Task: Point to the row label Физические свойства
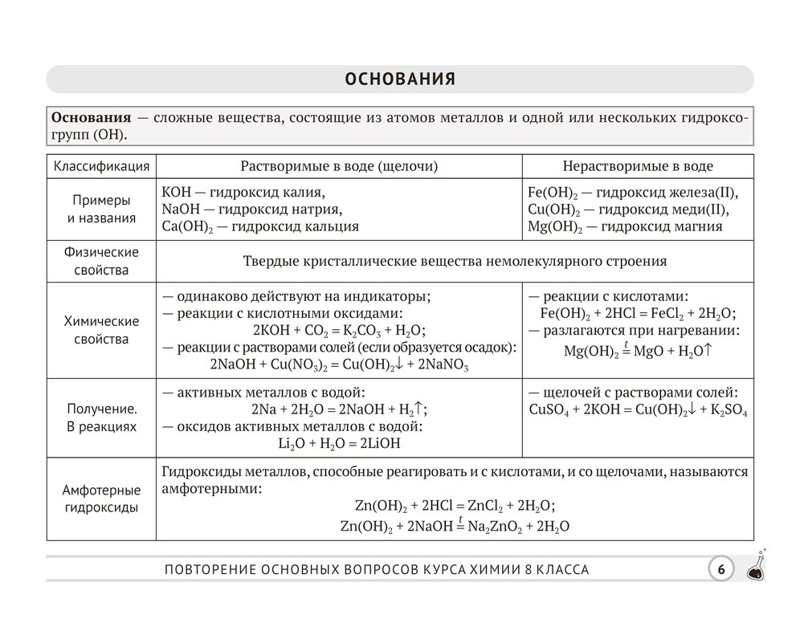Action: (x=101, y=261)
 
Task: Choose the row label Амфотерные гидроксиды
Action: (x=101, y=499)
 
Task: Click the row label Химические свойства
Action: (x=101, y=330)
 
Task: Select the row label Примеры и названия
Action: (x=101, y=208)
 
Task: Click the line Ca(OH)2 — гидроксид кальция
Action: (x=260, y=226)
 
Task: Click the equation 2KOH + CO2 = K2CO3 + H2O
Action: (x=338, y=330)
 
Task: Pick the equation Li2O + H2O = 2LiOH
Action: (x=338, y=442)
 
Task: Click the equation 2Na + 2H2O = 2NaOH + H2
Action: (x=338, y=409)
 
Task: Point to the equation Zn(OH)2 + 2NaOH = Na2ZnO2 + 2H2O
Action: (x=455, y=526)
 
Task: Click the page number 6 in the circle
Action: (x=720, y=569)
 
